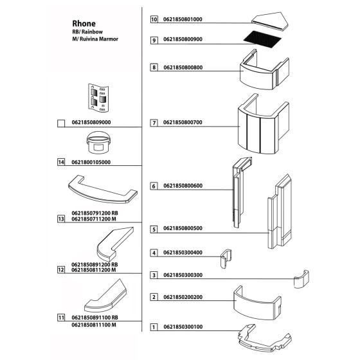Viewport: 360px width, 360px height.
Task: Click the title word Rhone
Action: [84, 23]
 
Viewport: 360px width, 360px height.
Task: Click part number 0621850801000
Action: [183, 19]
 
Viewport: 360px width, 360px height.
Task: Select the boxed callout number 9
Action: [154, 40]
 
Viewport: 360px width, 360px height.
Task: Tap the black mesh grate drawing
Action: [262, 39]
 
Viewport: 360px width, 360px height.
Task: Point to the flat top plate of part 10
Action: [270, 21]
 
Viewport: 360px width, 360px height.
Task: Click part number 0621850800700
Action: [183, 122]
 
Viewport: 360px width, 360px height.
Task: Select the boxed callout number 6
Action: [154, 186]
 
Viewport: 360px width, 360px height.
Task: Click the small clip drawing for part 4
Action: [226, 258]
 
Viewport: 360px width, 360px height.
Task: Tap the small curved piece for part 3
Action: [301, 279]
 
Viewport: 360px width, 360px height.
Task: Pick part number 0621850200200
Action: [183, 297]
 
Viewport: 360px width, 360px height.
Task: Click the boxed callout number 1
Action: [154, 327]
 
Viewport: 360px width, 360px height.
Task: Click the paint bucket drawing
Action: [98, 143]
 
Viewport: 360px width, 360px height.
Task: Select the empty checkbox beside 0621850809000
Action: [61, 123]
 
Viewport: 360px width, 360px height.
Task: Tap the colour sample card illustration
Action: [98, 98]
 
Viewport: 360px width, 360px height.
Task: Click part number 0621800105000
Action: [91, 162]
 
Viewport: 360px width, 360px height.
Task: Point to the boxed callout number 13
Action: [61, 219]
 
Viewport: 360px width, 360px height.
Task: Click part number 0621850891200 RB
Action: [94, 264]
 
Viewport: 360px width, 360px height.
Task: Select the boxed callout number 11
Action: [61, 318]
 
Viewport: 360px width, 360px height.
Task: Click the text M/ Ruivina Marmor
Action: [95, 39]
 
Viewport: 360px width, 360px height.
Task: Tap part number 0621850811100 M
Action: [94, 325]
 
